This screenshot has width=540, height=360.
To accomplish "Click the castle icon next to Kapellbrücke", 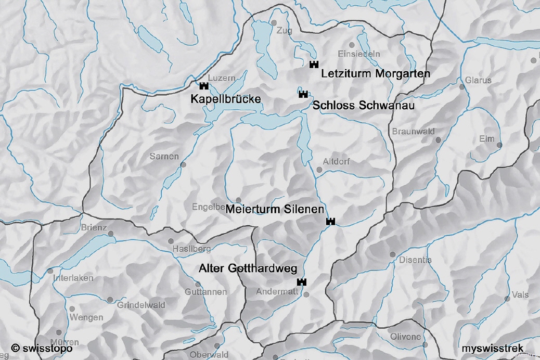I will [203, 86].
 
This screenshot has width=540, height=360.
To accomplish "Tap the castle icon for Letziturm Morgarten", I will [313, 65].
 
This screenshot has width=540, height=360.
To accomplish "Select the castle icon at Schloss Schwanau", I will [303, 94].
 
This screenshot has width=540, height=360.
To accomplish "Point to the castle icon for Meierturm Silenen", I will [330, 222].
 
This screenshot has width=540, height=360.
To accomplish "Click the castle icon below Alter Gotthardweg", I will [301, 282].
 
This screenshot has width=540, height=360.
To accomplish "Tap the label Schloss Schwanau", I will [363, 106].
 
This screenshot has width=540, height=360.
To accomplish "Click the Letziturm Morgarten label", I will [376, 74].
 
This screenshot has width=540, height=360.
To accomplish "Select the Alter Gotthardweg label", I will [248, 269].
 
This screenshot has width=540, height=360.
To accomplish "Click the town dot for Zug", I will [274, 23].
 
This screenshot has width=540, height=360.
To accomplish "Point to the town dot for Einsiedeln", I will [352, 45].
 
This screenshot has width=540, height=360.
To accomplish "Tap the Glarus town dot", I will [461, 87].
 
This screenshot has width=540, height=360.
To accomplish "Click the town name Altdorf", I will [336, 162].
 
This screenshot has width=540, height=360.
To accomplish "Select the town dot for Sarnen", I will [183, 165].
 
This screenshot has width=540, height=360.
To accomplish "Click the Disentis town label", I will [416, 260].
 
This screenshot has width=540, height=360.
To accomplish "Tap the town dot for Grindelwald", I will [110, 300].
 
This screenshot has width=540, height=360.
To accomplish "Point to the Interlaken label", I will [73, 278].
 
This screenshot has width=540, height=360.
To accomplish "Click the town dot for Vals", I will [507, 299].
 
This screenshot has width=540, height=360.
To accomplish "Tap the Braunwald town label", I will [414, 132].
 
